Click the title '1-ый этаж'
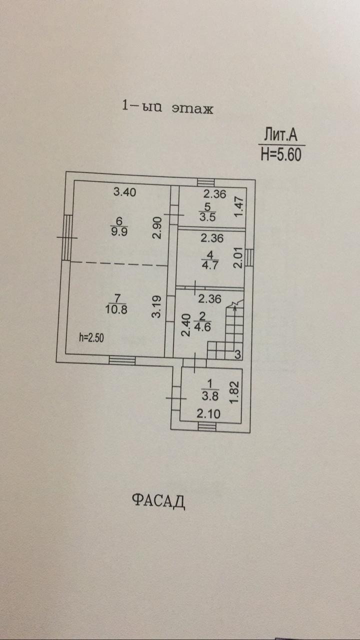[x=168, y=107]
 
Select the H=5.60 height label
[x=281, y=154]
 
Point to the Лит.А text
[x=281, y=135]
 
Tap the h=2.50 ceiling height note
[x=92, y=337]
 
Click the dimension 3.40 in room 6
[x=125, y=191]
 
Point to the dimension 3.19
[x=157, y=306]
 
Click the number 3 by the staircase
[x=238, y=354]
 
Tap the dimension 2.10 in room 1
[x=208, y=413]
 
